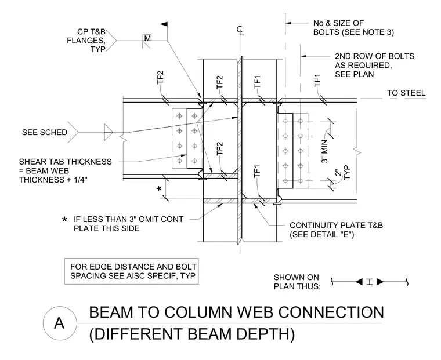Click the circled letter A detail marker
pos(59,323)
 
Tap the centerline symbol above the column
pos(240,31)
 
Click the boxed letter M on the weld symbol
pos(147,38)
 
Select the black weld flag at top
pos(164,24)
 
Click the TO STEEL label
pos(406,93)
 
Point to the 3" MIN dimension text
pos(324,151)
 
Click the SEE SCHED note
pos(45,132)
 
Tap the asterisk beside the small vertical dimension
pos(159,188)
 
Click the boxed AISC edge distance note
pos(132,271)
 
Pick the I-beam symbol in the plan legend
pos(370,282)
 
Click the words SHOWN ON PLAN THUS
pos(297,282)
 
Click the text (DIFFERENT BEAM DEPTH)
pos(192,334)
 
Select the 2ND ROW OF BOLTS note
pos(375,65)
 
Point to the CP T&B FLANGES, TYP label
pos(86,41)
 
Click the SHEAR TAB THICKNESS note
pos(65,171)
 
